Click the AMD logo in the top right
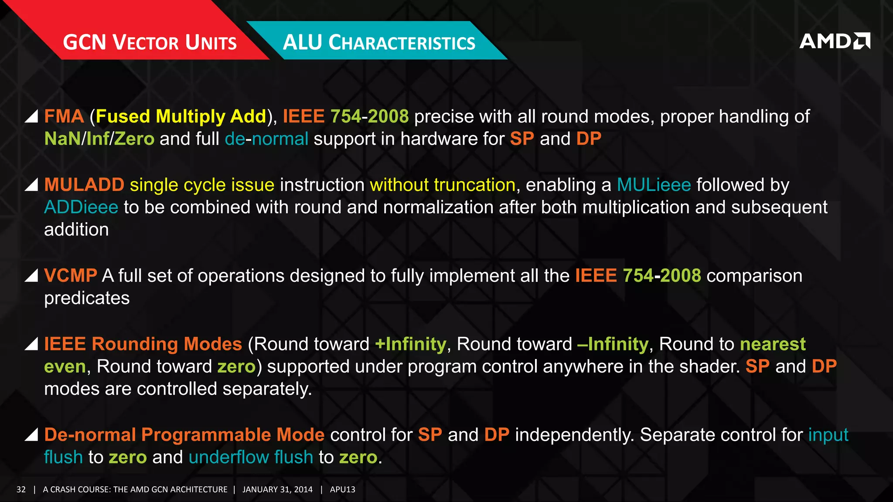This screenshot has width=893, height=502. pos(834,41)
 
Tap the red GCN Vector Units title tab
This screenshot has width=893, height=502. pos(150,42)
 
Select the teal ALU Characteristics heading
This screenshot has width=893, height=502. pos(379,42)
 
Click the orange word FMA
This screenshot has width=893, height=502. pos(64,116)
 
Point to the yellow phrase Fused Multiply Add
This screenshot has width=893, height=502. pos(181,116)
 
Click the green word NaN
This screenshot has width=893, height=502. pos(62,139)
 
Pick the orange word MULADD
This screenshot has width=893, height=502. pos(84,185)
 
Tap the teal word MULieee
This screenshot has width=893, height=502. pos(654,185)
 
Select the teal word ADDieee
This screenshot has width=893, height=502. pos(81,207)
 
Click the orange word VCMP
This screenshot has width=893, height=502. pos(70,275)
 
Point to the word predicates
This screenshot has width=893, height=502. pos(87,298)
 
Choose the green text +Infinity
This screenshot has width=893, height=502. pos(410,344)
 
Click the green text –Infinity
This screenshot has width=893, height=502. pos(613,344)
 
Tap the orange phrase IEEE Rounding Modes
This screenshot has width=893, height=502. pos(143,344)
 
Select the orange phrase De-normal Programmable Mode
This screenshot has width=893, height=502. pos(184,434)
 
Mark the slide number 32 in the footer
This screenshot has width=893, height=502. pos(21,489)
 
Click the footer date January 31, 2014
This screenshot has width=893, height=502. pos(277,489)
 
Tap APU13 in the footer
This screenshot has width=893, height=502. pos(342,489)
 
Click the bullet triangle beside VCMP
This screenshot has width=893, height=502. pos(31,276)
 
